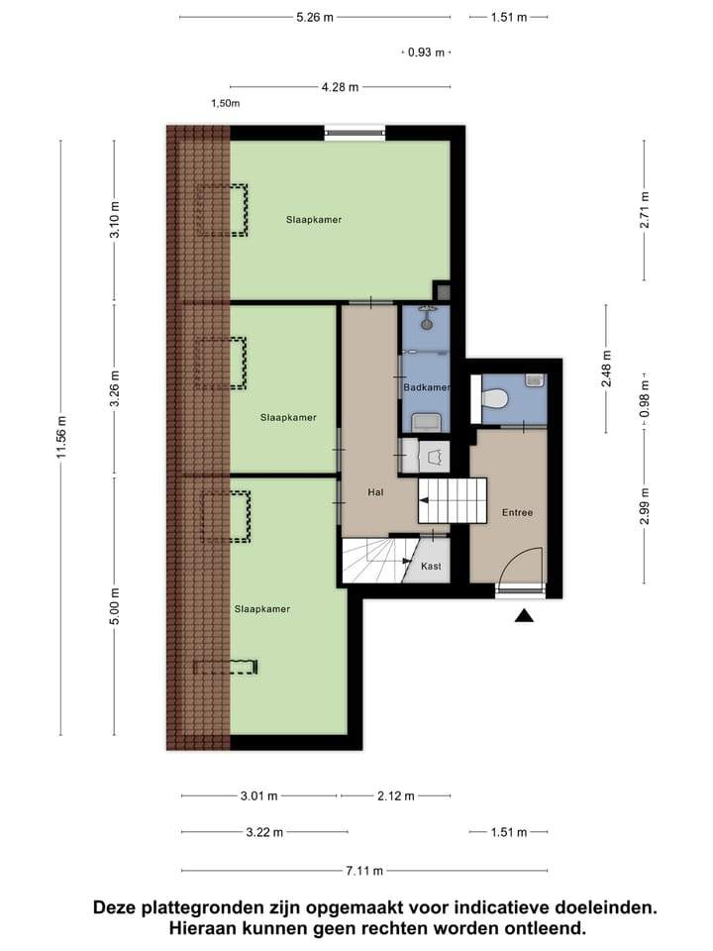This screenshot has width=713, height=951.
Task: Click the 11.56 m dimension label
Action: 61,438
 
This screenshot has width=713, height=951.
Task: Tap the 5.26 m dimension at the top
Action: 315,18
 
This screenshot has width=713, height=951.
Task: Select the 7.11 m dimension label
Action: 364,871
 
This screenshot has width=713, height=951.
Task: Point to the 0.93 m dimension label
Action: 426,53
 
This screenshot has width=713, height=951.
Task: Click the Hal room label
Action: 375,492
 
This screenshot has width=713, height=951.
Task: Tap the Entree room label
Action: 517,512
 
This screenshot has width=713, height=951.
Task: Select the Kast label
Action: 431,566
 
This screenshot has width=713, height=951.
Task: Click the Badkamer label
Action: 427,387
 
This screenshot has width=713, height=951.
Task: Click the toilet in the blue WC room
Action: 493,399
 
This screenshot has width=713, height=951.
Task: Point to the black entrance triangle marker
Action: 525,616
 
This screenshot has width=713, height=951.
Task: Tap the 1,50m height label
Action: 226,103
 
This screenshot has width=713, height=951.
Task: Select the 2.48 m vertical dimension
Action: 606,370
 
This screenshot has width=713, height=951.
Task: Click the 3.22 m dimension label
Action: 264,832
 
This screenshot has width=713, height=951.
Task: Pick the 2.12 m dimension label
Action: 396,795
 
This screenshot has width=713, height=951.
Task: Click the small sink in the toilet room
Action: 534,379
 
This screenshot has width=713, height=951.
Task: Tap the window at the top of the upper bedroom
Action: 355,132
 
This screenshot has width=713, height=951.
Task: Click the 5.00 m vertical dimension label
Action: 115,605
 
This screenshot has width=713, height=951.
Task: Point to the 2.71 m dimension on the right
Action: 645,210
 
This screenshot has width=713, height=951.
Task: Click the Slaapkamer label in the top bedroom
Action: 314,220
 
